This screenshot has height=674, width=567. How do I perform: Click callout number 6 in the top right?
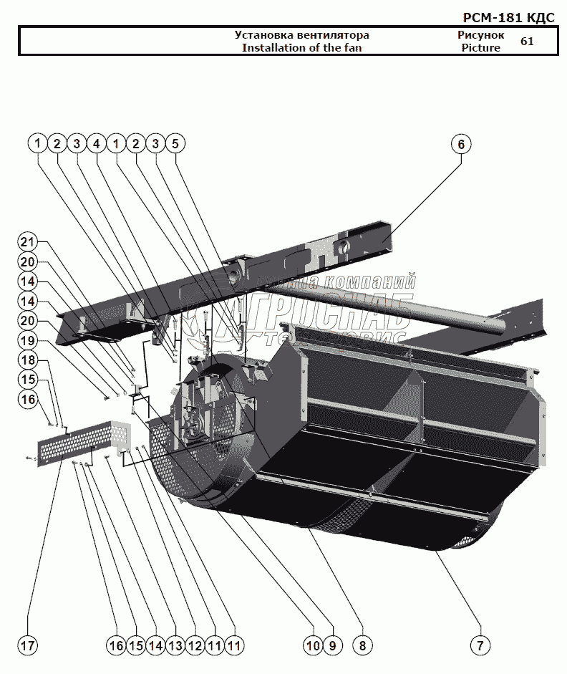[x=461, y=144]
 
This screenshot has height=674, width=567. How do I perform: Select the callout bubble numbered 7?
[x=480, y=645]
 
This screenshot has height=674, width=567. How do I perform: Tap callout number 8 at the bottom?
[x=362, y=645]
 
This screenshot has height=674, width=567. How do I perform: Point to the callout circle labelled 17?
[x=27, y=645]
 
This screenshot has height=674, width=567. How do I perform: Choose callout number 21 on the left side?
[x=27, y=241]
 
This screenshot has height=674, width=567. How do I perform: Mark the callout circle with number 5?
[x=175, y=144]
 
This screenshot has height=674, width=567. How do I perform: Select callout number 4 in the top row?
[x=96, y=144]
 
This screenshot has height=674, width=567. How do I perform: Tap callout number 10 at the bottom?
[x=312, y=645]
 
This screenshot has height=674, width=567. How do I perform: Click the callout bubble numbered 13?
[x=175, y=645]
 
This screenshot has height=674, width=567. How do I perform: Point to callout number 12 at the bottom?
[x=194, y=645]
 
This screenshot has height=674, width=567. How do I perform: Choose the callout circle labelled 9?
[x=332, y=645]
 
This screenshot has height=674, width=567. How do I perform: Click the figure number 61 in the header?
[x=527, y=42]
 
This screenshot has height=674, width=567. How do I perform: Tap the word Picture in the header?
[x=480, y=48]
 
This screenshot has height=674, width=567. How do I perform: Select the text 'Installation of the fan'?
[x=301, y=48]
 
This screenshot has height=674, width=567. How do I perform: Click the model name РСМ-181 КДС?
[x=509, y=18]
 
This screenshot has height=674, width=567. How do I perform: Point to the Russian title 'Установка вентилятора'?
[x=301, y=35]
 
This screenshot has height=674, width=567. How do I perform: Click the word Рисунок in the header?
[x=480, y=35]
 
